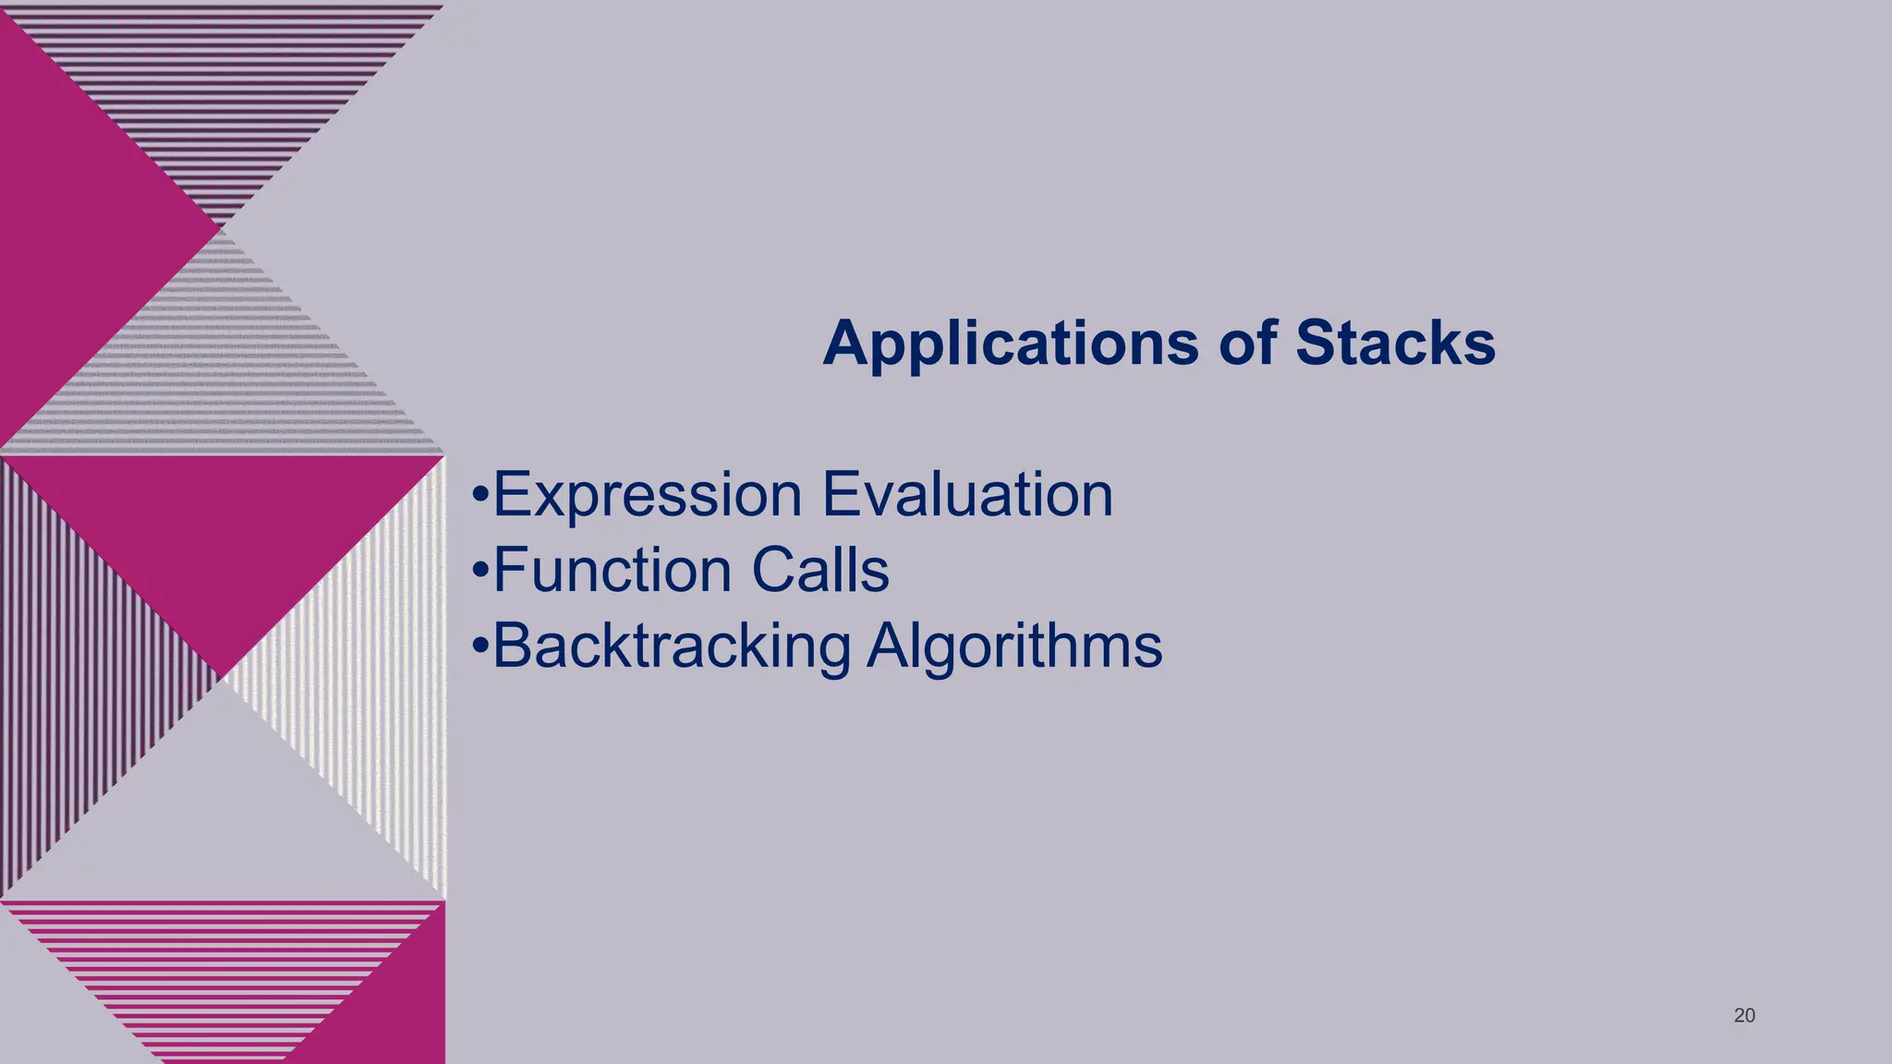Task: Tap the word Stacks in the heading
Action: click(x=1395, y=344)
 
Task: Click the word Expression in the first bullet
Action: click(x=647, y=495)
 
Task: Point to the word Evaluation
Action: click(x=967, y=495)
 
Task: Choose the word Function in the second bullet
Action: click(x=614, y=570)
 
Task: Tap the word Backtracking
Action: click(x=671, y=646)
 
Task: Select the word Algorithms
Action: click(x=1014, y=646)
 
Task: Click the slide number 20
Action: click(x=1744, y=1016)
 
